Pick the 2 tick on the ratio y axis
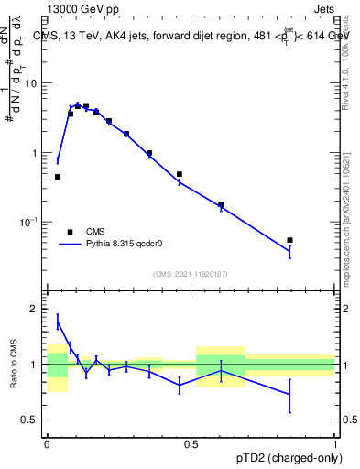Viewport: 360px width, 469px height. pos(38,310)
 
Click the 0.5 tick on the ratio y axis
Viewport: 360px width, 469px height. pos(33,420)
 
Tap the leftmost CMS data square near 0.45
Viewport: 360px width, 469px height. pos(58,177)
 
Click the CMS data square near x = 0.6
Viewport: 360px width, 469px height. pos(221,204)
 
